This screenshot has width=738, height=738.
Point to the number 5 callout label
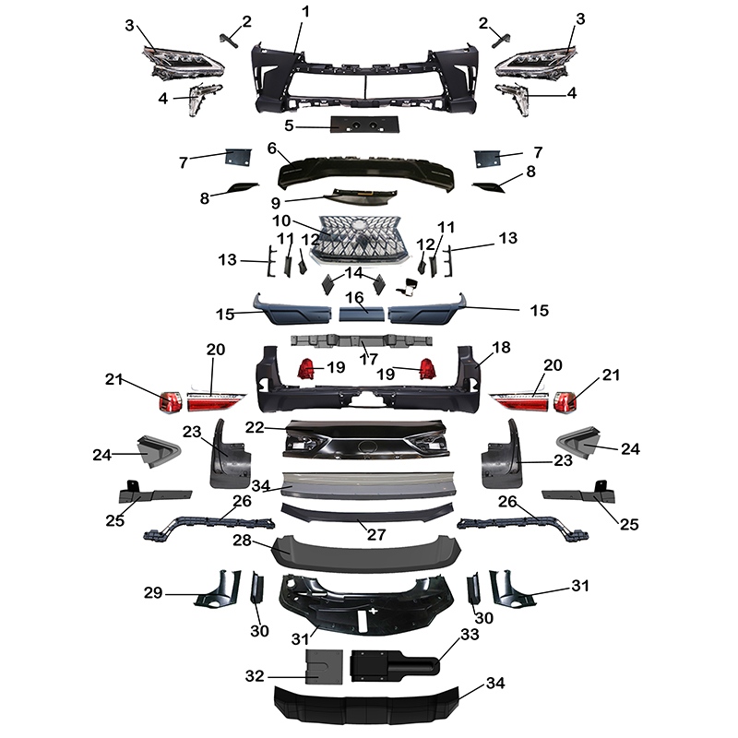pyautogui.click(x=289, y=125)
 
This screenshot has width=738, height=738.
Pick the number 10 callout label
pyautogui.click(x=280, y=220)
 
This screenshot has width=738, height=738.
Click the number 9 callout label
pyautogui.click(x=277, y=201)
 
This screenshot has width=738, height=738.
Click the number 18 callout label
pyautogui.click(x=501, y=347)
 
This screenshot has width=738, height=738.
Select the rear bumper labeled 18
pyautogui.click(x=369, y=387)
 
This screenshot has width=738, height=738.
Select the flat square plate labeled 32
pyautogui.click(x=324, y=664)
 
